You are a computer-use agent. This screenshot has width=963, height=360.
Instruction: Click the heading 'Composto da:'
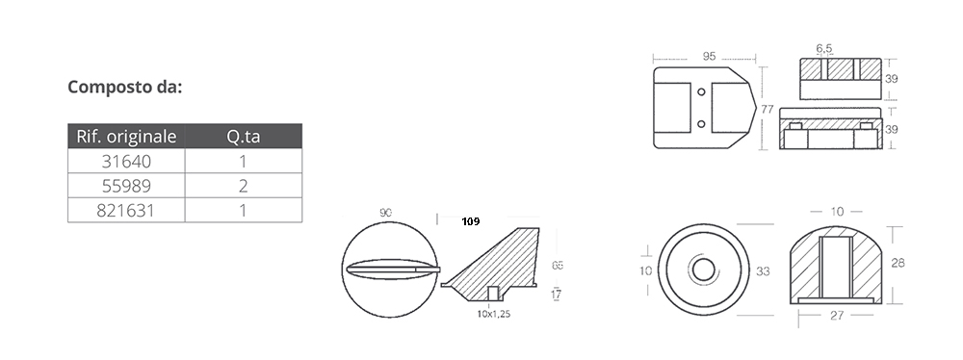coord(124,88)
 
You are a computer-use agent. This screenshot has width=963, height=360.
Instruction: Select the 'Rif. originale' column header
coord(126,137)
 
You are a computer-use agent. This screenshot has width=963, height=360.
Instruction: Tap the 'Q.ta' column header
coord(244,137)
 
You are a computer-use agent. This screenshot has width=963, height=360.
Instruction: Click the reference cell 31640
coord(126,162)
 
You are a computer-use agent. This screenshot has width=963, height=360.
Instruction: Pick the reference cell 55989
coord(126,186)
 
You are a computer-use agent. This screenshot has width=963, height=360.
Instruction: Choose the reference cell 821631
coord(126,211)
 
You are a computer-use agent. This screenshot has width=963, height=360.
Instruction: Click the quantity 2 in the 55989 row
coord(244,186)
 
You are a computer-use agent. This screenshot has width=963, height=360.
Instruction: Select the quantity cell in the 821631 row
coord(244,211)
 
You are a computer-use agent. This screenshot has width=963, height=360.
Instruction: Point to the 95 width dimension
coord(709,56)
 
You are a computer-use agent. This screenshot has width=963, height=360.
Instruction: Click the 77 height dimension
coord(768,110)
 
